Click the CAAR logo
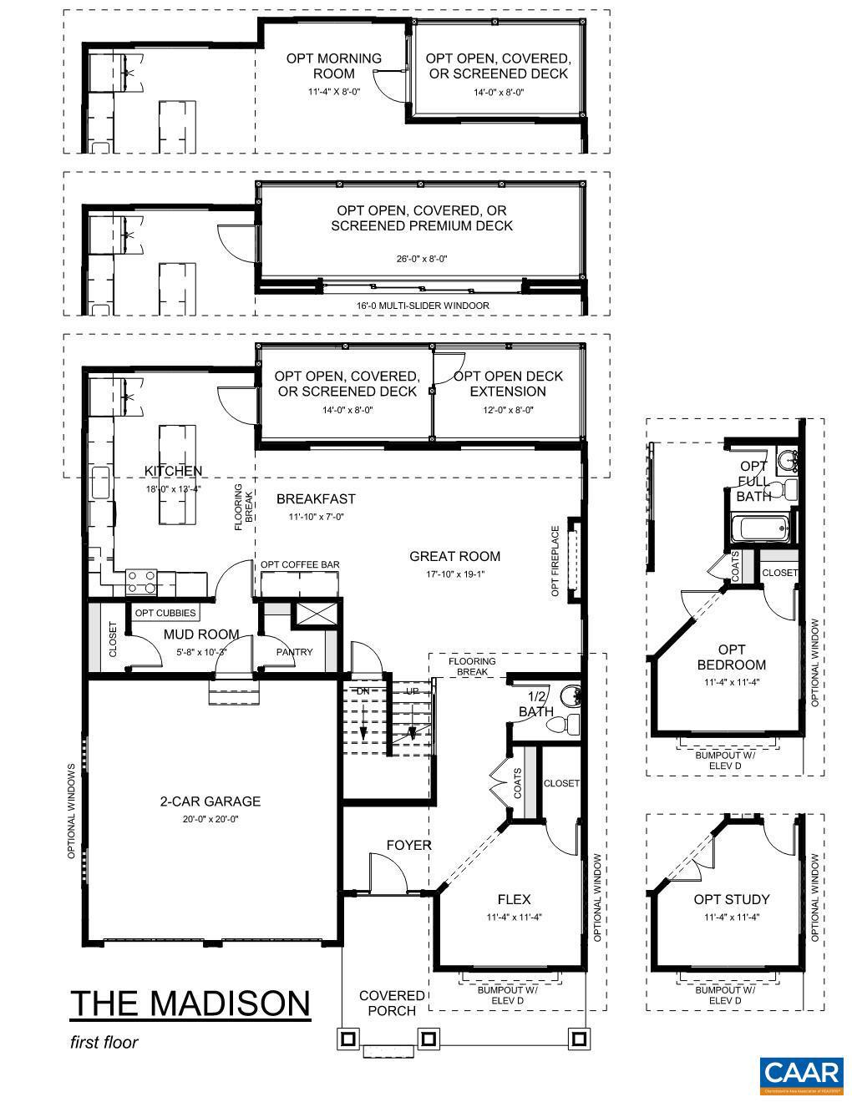801,1076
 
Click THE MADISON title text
190,1003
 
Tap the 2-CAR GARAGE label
210,801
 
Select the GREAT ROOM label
454,556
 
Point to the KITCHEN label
173,472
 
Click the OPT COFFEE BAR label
300,565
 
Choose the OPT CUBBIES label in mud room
165,613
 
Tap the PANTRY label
294,652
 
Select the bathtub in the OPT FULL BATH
760,528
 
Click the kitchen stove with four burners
140,581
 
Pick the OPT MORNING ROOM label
333,66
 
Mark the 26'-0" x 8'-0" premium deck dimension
422,259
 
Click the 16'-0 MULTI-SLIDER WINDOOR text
422,306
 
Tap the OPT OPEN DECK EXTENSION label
509,384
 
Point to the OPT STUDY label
731,899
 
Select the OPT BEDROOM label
731,657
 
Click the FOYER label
408,845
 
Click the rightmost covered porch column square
578,1039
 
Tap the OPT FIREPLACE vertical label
555,562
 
